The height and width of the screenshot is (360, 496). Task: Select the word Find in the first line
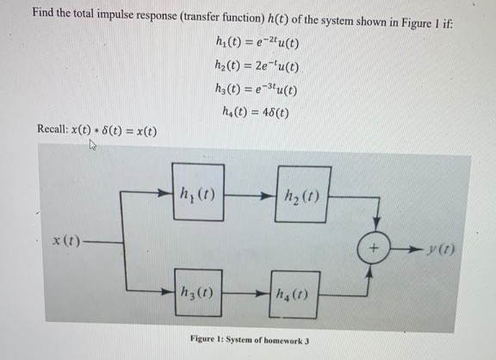point(43,14)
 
